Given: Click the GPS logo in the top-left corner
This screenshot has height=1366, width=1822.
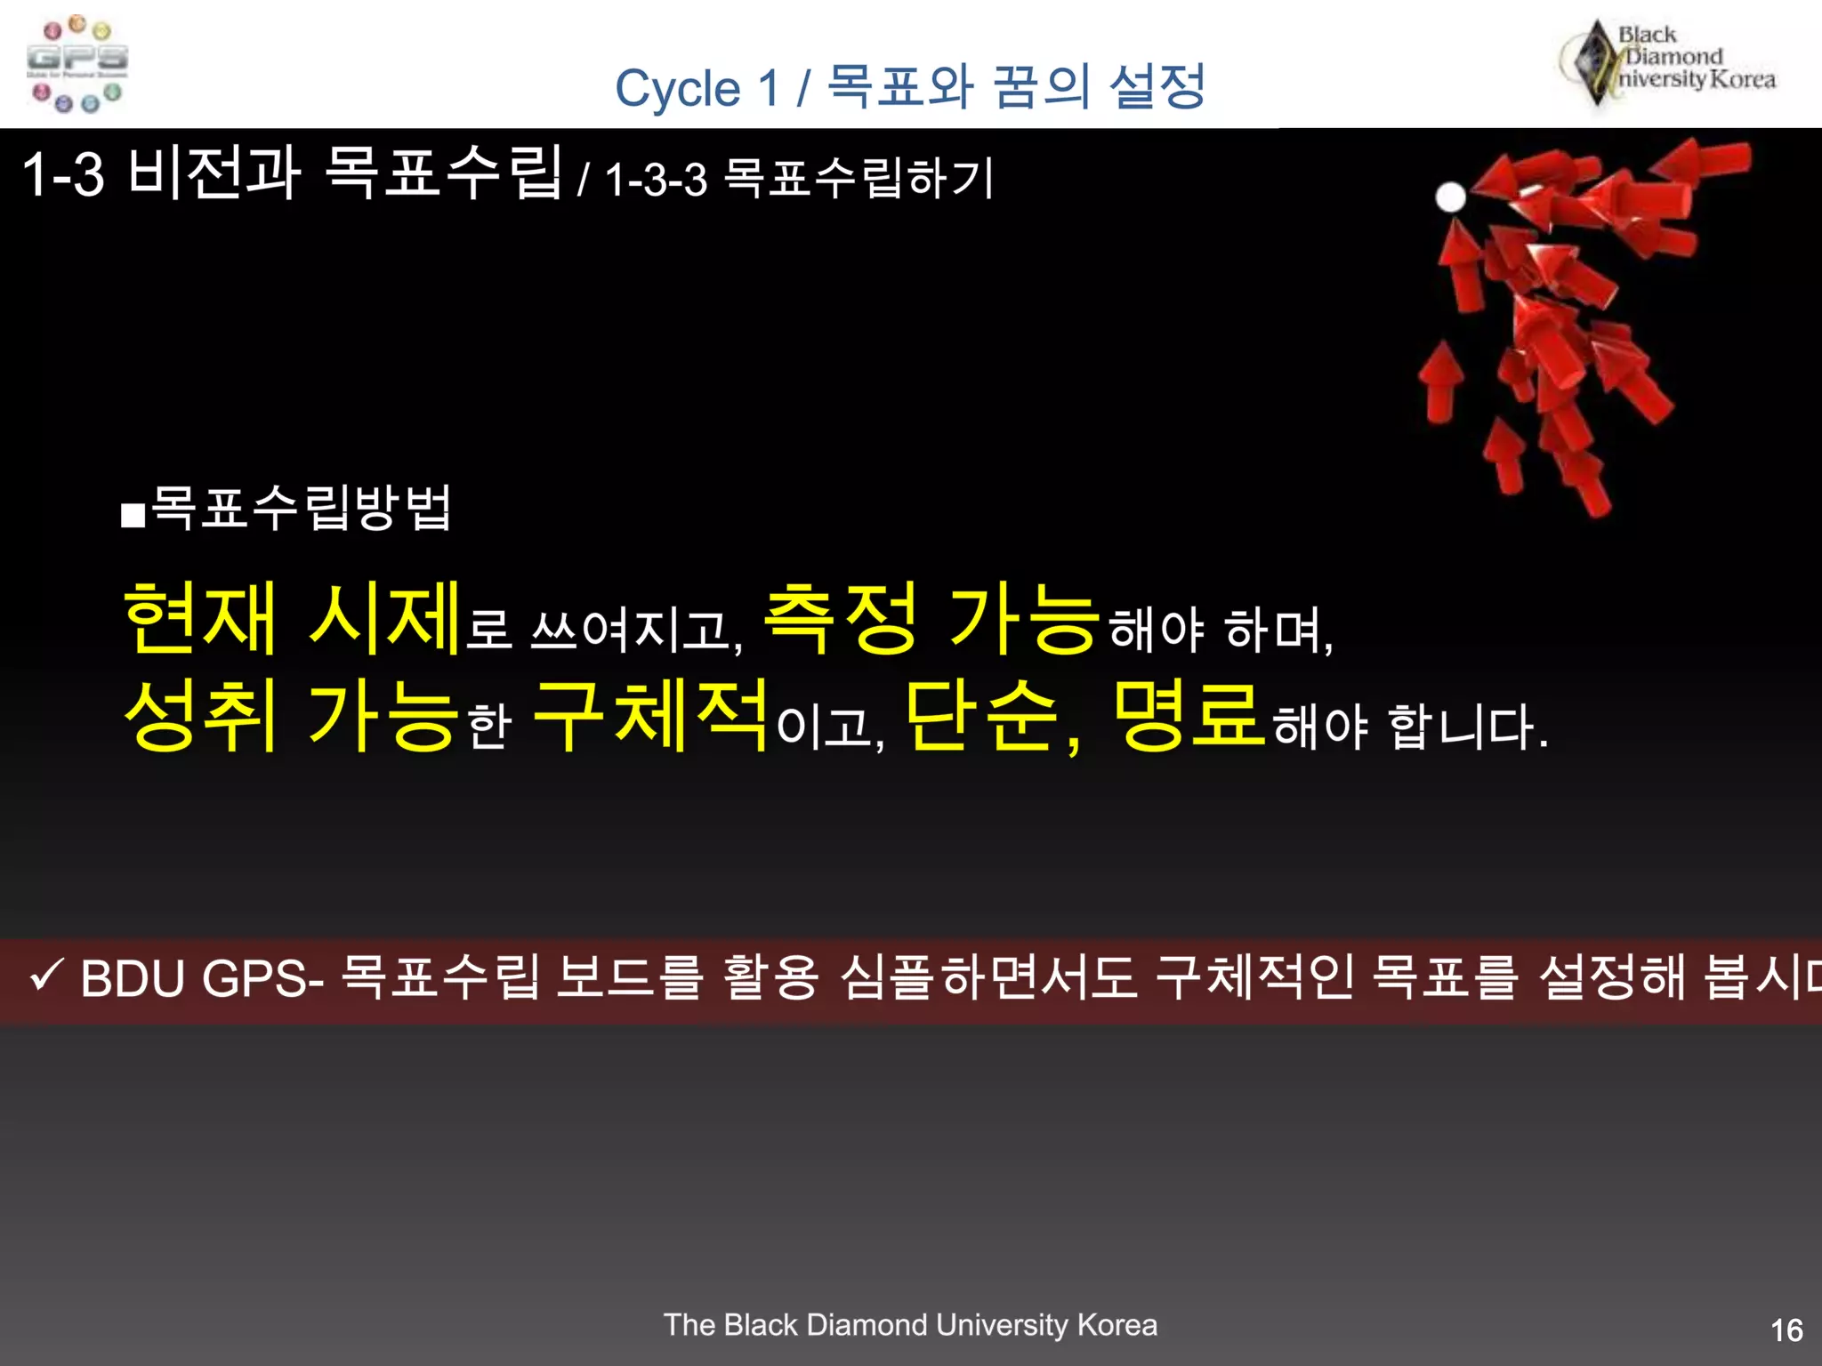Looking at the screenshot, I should click(x=77, y=64).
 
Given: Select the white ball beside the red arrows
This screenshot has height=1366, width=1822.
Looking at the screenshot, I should click(x=1450, y=197).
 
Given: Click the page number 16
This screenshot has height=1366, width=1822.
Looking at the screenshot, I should click(x=1786, y=1330).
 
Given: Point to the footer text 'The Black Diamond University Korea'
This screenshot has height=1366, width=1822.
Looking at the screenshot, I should click(x=910, y=1325).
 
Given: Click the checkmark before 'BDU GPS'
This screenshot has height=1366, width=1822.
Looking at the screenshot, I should click(x=45, y=977).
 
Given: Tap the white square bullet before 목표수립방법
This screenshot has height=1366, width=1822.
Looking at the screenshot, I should click(x=133, y=516).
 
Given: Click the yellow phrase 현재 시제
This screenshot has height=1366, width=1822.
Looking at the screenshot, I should click(x=293, y=617).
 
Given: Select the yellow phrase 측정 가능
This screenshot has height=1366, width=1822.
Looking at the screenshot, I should click(x=931, y=617).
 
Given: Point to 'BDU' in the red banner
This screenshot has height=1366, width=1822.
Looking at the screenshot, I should click(x=132, y=978).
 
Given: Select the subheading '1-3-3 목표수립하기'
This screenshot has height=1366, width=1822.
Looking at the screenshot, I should click(x=799, y=178).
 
